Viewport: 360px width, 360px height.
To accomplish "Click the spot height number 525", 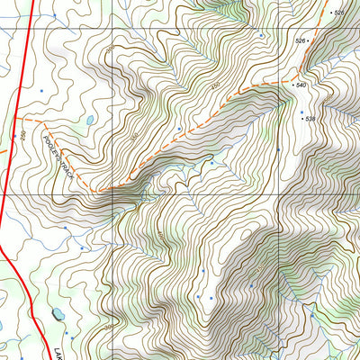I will tap(338, 13).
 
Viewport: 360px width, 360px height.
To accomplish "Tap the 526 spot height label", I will tap(301, 41).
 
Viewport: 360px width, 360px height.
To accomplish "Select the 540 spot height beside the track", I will tap(301, 85).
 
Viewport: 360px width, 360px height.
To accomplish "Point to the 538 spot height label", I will tap(310, 119).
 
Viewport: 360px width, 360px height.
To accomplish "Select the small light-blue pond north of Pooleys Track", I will tap(89, 120).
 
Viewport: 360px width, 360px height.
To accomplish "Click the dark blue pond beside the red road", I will tap(56, 314).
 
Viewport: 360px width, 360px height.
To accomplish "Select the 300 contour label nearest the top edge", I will tap(111, 49).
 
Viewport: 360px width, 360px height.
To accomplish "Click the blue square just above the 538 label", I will tap(301, 113).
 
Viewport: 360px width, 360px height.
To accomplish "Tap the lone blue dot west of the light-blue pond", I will tap(41, 91).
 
